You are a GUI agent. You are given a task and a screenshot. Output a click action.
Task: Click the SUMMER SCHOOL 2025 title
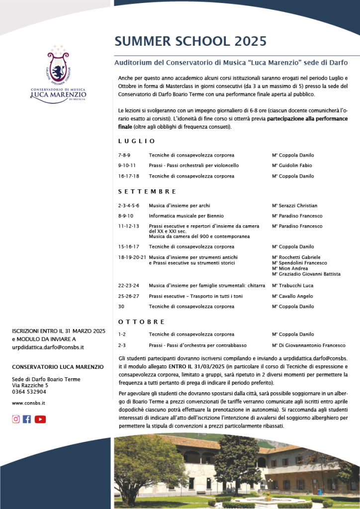click(190, 41)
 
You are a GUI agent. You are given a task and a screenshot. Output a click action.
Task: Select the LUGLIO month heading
click(137, 141)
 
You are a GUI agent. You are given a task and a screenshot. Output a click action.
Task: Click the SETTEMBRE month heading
click(147, 191)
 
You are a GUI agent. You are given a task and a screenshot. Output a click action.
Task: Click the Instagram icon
click(16, 419)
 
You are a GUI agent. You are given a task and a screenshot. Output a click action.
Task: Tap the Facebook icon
click(27, 419)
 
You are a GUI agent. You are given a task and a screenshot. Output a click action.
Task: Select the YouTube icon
click(40, 419)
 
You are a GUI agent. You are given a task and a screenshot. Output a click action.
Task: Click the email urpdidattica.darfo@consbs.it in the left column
click(48, 347)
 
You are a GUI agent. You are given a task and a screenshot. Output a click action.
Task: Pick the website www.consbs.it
click(28, 403)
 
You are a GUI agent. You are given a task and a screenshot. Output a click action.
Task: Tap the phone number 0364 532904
click(30, 391)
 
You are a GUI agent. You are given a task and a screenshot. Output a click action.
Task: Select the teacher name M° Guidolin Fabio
click(292, 166)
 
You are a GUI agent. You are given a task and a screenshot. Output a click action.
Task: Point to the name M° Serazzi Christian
click(294, 205)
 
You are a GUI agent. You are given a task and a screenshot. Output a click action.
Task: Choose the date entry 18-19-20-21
click(132, 257)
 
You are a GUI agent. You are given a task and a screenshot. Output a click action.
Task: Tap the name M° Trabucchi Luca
click(292, 286)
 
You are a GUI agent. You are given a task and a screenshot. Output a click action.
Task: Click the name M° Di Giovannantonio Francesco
click(308, 345)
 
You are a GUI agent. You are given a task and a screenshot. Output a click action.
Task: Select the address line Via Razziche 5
click(30, 385)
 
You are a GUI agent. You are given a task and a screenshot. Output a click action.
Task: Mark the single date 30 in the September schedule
click(121, 306)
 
